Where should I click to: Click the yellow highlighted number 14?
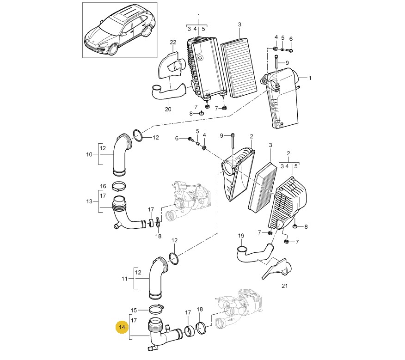point(122,327)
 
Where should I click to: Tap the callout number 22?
point(173,42)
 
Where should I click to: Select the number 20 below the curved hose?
point(168,109)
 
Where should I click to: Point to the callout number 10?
point(89,154)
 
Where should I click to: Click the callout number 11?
point(124,279)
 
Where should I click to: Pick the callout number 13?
point(89,201)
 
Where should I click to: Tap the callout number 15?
point(134,310)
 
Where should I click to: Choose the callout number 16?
point(103,186)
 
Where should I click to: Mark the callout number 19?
point(241,236)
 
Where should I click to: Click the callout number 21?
point(284,286)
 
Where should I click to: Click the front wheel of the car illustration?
point(113,49)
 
